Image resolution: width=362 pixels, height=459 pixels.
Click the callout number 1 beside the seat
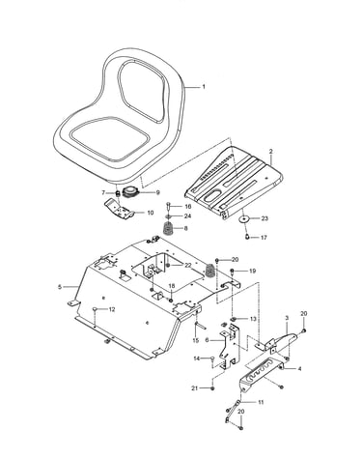click(x=204, y=87)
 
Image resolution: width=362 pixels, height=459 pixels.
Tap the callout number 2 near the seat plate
click(x=270, y=151)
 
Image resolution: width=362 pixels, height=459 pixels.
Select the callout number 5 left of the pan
click(x=60, y=286)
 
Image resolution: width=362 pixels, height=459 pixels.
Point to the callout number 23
click(x=265, y=218)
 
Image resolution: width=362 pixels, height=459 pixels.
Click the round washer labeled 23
click(x=244, y=218)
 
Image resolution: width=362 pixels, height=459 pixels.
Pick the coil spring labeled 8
click(x=167, y=228)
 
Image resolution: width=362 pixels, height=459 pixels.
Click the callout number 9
click(x=157, y=192)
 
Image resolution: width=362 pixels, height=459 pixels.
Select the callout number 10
click(x=150, y=213)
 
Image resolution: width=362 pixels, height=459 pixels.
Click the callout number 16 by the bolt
click(x=187, y=206)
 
